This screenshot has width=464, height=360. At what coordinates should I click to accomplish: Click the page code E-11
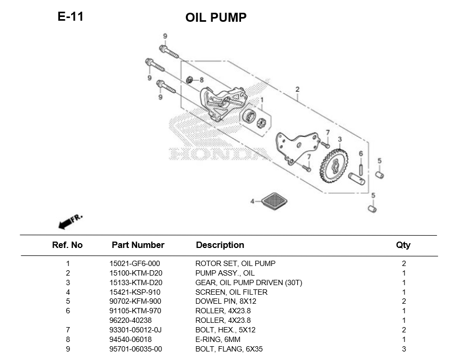click(x=71, y=16)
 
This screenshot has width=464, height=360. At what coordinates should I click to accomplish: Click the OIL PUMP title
click(x=216, y=18)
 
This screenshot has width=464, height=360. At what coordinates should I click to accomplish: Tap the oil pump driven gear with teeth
click(x=334, y=166)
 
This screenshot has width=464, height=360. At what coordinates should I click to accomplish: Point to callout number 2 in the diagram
click(x=297, y=89)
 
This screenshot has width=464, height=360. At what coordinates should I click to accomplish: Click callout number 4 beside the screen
click(x=253, y=201)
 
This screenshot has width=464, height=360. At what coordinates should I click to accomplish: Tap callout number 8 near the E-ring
click(x=201, y=80)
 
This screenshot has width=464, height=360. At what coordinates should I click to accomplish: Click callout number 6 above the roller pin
click(x=360, y=154)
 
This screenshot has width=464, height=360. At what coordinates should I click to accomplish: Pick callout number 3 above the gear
click(x=340, y=140)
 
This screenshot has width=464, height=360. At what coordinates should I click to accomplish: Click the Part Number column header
click(x=138, y=245)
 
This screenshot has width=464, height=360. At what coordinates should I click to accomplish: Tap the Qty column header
click(x=403, y=245)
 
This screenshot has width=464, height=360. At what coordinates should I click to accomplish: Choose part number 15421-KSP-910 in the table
click(x=135, y=292)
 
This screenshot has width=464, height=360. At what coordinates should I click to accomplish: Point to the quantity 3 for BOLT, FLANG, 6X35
click(x=404, y=349)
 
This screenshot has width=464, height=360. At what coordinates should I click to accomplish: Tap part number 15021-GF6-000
click(x=135, y=263)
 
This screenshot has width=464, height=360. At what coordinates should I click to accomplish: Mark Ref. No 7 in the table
click(x=68, y=330)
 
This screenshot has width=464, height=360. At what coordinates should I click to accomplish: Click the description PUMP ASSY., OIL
click(x=225, y=273)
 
